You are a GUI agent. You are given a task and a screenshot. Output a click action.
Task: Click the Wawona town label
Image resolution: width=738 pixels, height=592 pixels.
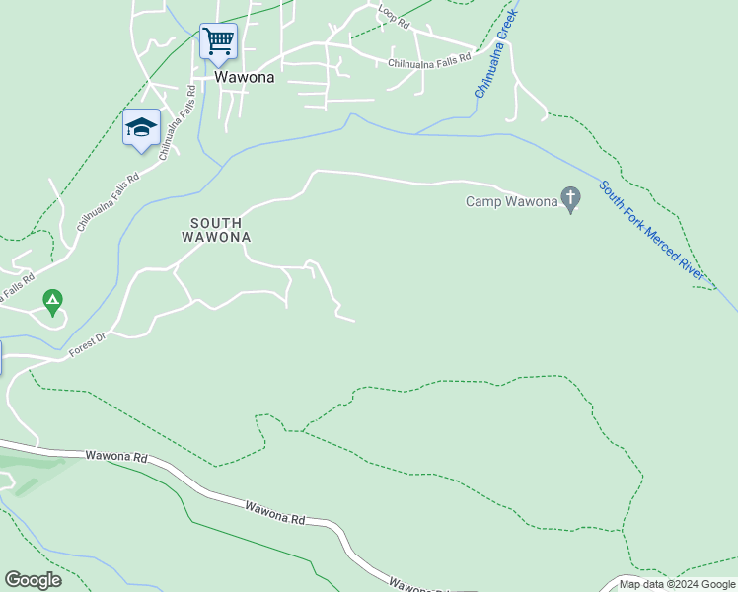tap(244, 77)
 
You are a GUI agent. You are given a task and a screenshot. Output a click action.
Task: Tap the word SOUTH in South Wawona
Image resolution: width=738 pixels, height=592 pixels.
tap(216, 223)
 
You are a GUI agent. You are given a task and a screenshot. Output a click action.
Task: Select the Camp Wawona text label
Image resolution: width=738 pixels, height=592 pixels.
tap(511, 202)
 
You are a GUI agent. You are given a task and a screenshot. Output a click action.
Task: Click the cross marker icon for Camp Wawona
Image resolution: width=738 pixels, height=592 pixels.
tap(571, 198)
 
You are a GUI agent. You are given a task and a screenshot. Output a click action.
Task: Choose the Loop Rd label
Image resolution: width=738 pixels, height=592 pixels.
tap(393, 14)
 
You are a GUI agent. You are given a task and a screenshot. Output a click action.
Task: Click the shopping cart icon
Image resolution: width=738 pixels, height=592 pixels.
tap(218, 41)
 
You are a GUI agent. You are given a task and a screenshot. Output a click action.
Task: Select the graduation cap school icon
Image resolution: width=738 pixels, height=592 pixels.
tap(141, 127)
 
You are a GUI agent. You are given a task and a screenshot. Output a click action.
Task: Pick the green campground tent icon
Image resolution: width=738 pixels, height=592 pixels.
tap(53, 298)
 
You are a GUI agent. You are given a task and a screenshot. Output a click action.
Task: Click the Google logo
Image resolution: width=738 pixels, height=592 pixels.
tap(33, 580)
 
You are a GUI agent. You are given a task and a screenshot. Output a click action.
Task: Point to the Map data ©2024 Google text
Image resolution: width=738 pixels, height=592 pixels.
tap(677, 584)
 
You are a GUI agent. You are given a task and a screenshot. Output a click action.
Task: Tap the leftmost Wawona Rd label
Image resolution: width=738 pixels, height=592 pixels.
tap(115, 457)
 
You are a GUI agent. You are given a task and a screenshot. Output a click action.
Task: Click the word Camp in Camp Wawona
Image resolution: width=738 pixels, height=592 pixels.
tap(483, 202)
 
